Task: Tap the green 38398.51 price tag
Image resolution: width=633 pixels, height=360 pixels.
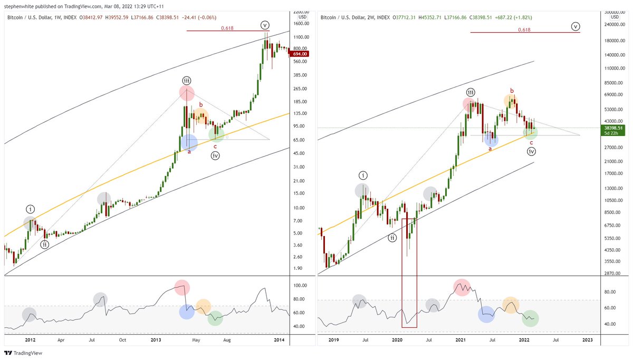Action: [x=616, y=128]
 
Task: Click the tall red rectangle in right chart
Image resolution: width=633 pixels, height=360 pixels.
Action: [x=409, y=273]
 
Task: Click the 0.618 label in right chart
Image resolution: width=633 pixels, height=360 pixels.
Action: [x=524, y=30]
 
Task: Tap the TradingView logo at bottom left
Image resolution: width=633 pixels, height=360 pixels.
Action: [x=23, y=353]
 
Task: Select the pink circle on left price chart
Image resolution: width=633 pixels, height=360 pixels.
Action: [x=186, y=93]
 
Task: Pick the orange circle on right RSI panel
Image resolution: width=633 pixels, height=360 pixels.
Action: [x=511, y=305]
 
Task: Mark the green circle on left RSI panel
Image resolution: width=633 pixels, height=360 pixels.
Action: [x=215, y=318]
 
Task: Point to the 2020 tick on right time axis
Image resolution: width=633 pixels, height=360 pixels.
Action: [x=398, y=340]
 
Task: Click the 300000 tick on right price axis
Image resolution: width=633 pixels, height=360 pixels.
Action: [x=614, y=12]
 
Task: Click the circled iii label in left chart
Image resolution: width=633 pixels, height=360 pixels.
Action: [x=187, y=80]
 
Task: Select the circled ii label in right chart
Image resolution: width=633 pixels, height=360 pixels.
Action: [x=392, y=238]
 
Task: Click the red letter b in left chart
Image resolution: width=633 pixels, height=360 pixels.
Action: [x=200, y=104]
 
